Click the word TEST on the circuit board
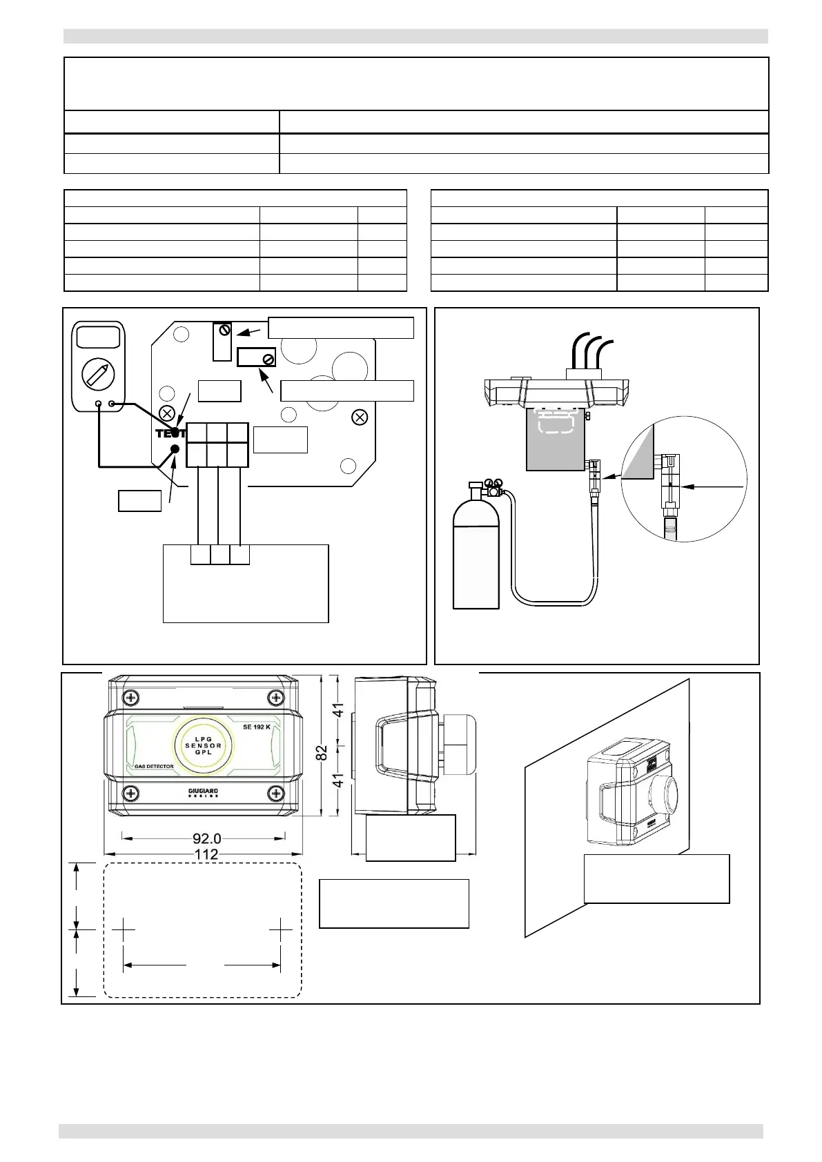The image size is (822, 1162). [169, 433]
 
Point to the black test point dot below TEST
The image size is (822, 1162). [175, 449]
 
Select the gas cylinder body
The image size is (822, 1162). [476, 559]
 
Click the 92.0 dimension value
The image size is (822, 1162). [206, 838]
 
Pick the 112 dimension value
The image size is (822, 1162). [206, 854]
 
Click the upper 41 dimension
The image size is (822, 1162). [339, 709]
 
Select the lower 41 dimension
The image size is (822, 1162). [339, 780]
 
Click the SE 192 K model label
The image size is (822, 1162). [257, 727]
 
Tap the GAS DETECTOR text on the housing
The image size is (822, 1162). [153, 766]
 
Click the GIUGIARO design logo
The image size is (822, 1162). [203, 792]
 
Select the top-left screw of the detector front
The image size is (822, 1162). [131, 697]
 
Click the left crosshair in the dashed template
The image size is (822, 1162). [124, 929]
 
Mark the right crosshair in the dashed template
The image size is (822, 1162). [281, 929]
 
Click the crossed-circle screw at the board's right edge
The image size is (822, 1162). [358, 416]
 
